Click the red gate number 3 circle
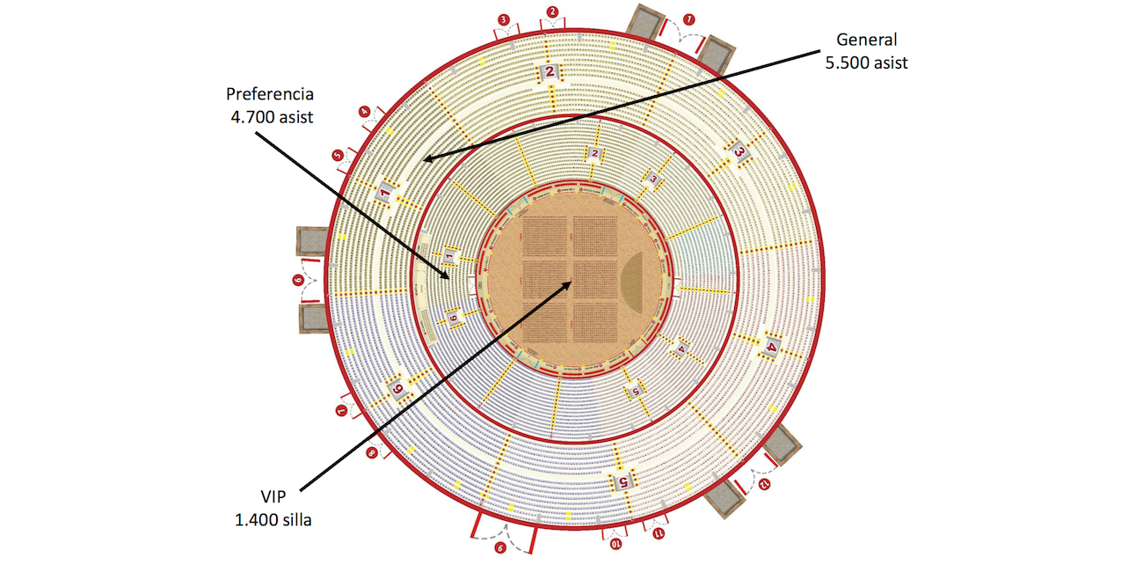(503, 18)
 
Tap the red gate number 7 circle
(689, 18)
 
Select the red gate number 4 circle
(365, 112)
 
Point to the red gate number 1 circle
(340, 411)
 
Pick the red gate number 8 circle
(372, 453)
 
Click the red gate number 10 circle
(615, 544)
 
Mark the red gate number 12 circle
(764, 484)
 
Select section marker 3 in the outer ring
(739, 152)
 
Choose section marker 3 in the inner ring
(652, 179)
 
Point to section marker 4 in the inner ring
(679, 349)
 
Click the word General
(866, 40)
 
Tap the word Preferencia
(270, 93)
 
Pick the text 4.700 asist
(270, 116)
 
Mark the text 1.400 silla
(273, 520)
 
